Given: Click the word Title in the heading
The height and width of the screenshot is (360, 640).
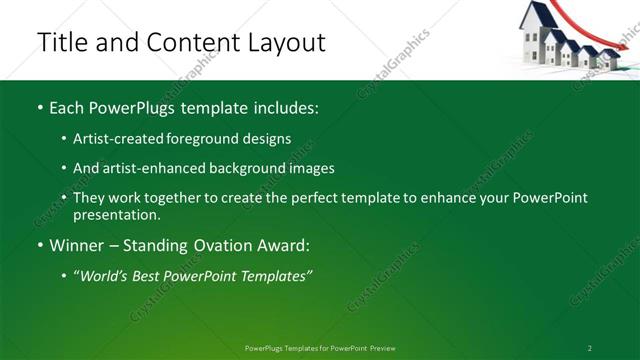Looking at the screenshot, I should point(61,43).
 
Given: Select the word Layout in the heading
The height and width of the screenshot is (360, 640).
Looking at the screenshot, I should point(284,43).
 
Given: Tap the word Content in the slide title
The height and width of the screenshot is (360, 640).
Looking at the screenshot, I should point(193,43).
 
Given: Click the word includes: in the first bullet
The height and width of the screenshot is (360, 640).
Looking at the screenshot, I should point(283,106).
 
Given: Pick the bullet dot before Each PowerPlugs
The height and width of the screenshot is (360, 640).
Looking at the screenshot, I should point(40,107).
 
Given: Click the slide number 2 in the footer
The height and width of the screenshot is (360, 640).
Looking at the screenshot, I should point(590,348).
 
